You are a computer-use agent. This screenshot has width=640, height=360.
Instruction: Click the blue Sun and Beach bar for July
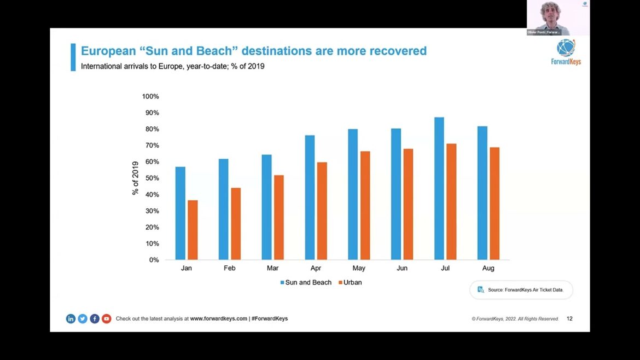click(x=439, y=188)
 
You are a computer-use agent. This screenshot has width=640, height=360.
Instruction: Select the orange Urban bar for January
click(x=193, y=230)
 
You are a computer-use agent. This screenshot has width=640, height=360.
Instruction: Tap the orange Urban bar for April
click(x=322, y=211)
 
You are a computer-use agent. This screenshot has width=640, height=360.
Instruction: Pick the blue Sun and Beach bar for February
click(x=223, y=209)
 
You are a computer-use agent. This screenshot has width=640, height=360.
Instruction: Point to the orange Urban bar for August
click(x=494, y=203)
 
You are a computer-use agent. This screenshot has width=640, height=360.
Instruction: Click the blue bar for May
click(x=353, y=194)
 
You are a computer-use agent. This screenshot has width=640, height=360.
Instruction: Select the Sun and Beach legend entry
click(x=306, y=282)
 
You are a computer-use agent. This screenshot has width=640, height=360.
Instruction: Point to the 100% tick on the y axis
click(x=150, y=96)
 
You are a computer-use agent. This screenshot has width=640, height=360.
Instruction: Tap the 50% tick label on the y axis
click(x=152, y=178)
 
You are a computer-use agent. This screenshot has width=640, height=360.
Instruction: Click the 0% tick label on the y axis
click(x=154, y=260)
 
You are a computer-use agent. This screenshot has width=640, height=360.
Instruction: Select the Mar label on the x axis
click(x=272, y=268)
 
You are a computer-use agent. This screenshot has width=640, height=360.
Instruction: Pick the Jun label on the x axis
click(x=402, y=268)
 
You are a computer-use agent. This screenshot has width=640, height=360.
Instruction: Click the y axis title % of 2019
click(x=136, y=178)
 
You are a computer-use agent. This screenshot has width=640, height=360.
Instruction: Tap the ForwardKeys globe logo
click(x=566, y=48)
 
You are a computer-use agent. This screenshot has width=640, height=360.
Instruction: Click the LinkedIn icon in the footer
click(x=71, y=318)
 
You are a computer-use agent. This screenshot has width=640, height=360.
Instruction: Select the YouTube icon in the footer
click(x=106, y=318)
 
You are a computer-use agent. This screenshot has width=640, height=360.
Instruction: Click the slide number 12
click(x=569, y=318)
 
